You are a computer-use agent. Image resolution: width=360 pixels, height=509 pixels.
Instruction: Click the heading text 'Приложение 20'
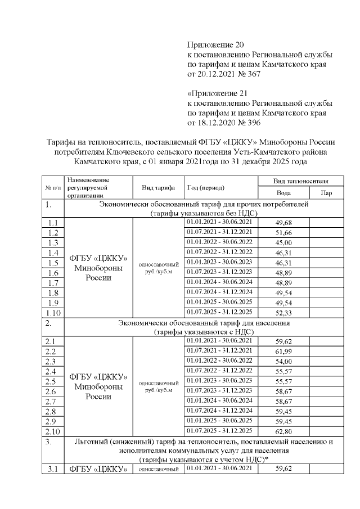216,44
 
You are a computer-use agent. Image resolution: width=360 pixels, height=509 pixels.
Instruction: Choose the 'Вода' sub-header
283,193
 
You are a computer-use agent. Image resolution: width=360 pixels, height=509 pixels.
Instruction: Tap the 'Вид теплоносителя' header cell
300,182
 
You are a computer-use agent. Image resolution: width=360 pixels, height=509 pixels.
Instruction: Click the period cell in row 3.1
219,467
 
